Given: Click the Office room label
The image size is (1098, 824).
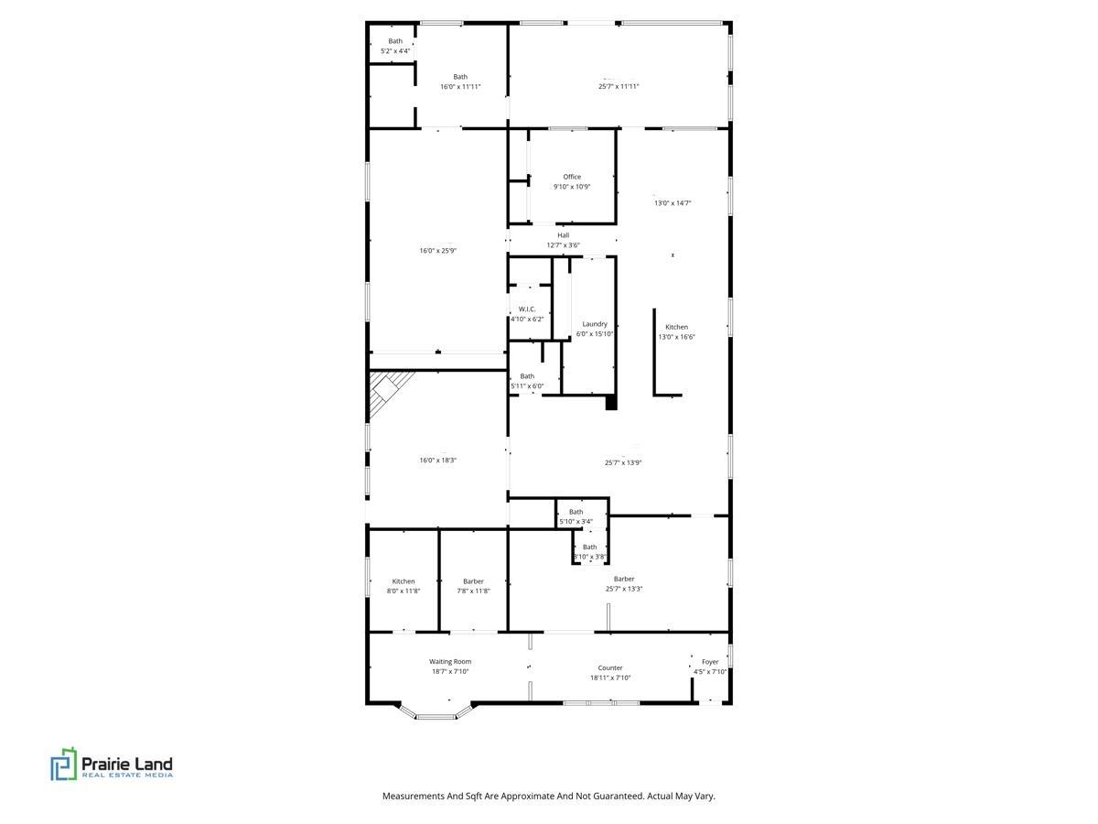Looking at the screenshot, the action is [572, 177].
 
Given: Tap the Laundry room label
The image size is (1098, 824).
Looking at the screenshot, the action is [594, 324].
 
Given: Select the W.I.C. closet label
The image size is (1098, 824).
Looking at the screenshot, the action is [527, 309].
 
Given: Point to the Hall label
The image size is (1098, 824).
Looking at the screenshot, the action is [564, 235].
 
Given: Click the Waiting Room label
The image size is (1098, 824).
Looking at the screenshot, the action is [449, 661].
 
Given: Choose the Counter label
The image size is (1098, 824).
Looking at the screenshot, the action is [609, 668].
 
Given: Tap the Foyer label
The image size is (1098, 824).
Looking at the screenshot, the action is [710, 661].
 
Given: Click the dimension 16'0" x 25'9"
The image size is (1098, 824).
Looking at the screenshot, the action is [437, 251].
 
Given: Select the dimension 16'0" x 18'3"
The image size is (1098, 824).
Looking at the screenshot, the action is [437, 460].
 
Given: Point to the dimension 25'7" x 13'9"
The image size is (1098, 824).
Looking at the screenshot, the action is [623, 462].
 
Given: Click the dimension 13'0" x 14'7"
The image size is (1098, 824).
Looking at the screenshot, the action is [673, 203].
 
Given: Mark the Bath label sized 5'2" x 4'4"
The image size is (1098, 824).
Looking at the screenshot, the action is [395, 41].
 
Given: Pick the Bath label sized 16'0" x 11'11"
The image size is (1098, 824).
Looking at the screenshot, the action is [460, 77].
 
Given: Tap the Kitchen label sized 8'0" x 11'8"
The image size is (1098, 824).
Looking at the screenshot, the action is [404, 581].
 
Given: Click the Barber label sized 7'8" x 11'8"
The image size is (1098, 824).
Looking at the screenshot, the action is [473, 581].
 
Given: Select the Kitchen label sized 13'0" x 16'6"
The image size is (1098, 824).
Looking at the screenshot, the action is [676, 327].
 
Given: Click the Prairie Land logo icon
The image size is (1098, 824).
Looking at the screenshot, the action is [63, 764].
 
